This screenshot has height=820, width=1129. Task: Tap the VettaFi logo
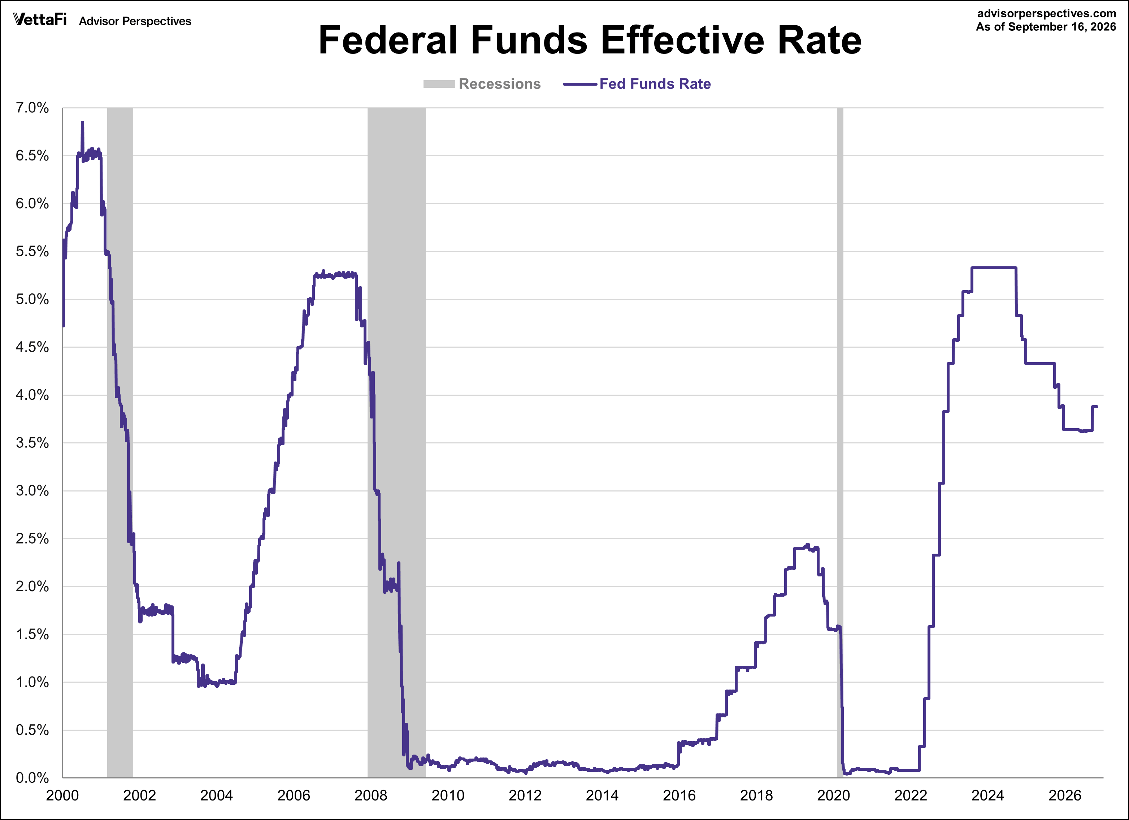coord(40,20)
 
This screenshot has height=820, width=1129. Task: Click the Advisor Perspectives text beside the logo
coord(135,21)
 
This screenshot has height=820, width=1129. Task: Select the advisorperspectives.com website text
coord(1046,13)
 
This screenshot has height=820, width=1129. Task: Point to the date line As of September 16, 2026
coord(1046,27)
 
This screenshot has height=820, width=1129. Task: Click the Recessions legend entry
coord(482,84)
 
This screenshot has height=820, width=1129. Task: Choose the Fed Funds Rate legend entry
coord(637,84)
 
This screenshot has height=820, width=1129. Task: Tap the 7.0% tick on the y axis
coord(32,108)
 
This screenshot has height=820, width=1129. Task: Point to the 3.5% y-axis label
coord(32,443)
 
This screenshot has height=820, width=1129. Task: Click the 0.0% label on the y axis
coord(32,778)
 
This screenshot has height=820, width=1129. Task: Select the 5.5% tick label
coord(32,251)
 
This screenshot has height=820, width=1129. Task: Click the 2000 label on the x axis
coord(63,795)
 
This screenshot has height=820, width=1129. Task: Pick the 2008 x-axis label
coord(371,795)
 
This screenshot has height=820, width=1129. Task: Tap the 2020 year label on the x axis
coord(834,795)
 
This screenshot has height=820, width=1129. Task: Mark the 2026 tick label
coord(1065,795)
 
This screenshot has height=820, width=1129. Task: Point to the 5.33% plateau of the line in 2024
coord(994,268)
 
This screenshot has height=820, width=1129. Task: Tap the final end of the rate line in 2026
coord(1097,407)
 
